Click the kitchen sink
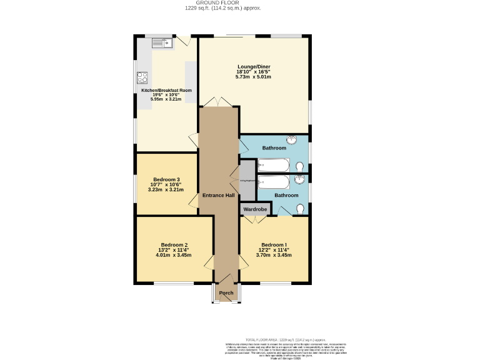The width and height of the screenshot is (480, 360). coord(162,43)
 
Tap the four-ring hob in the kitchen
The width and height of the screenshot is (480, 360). coord(142,77)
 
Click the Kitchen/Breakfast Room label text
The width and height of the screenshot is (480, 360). coord(166,90)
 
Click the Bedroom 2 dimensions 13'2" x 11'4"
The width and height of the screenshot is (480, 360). coord(174,250)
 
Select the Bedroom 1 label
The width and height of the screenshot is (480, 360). coord(274,244)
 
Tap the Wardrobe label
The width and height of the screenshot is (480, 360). coord(255,209)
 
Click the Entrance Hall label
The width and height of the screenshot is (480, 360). coord(218,196)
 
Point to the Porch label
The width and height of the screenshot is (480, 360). coord(226,293)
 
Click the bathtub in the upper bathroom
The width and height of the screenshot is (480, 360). coord(274,166)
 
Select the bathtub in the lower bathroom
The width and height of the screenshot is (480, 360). coord(274,182)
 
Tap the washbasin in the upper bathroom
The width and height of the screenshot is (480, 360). coord(292,140)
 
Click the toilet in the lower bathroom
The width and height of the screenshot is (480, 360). coord(301,209)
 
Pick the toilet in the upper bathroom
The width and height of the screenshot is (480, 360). coord(301,167)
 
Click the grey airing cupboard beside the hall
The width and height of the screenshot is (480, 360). coord(247,181)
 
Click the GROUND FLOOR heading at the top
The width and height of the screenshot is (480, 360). coord(222,3)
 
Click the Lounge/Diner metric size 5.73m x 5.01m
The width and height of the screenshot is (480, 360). coord(253,77)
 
